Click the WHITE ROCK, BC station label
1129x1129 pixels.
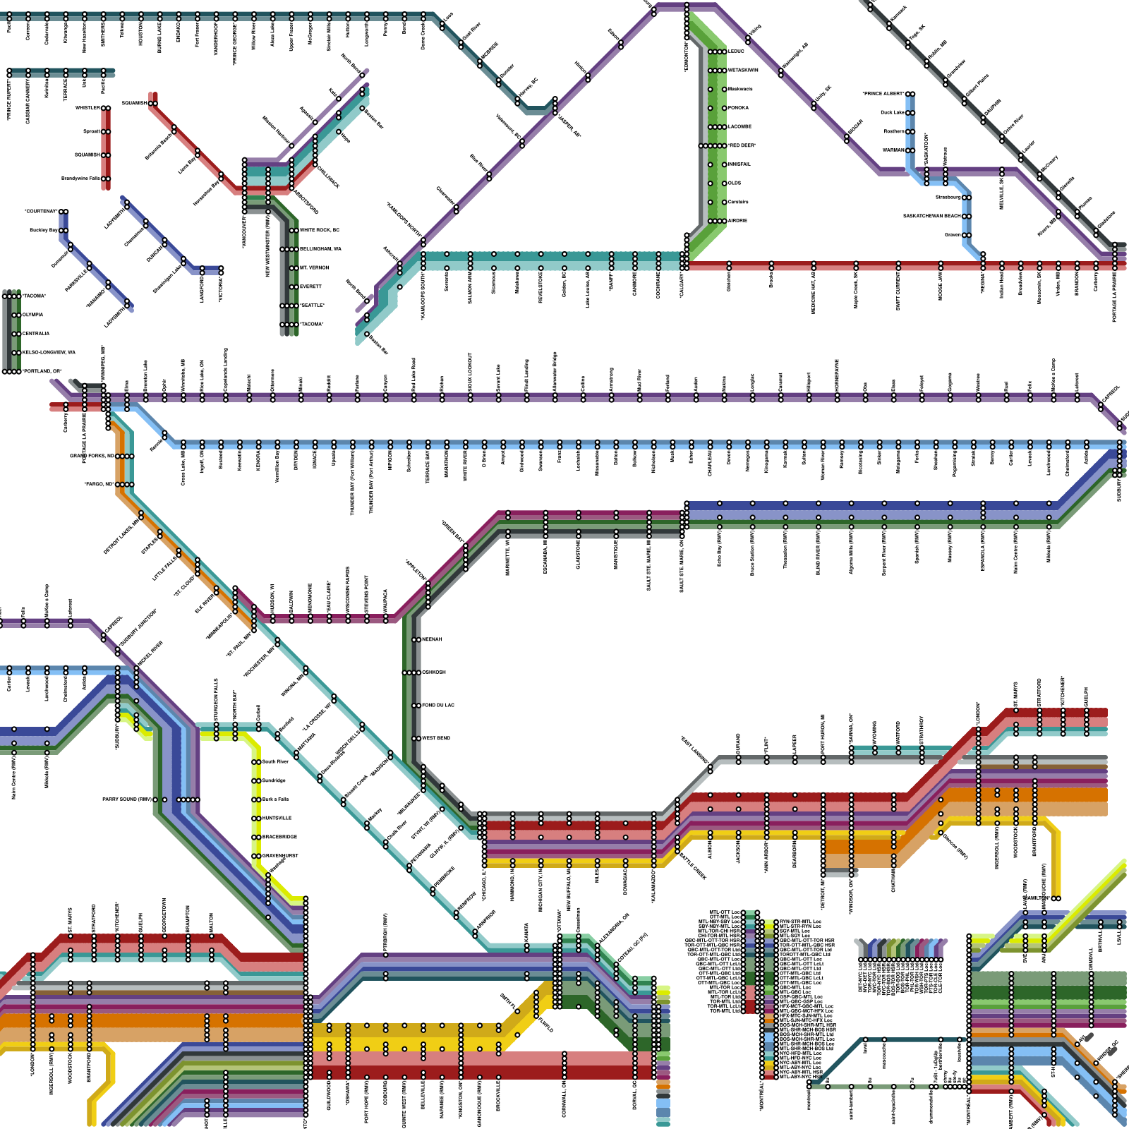319,230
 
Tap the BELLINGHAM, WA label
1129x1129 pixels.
321,249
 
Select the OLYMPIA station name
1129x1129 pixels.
32,315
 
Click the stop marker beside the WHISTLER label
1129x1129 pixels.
106,108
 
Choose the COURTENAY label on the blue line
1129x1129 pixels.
41,211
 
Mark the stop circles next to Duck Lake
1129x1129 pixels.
910,113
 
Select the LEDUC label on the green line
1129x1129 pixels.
736,52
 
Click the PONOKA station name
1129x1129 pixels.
738,108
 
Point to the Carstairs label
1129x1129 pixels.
738,202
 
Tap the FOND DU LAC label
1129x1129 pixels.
437,705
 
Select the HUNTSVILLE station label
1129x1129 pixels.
277,818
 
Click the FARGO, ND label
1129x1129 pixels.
99,484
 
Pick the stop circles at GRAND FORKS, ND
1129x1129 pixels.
124,456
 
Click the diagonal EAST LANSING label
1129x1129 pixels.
695,749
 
